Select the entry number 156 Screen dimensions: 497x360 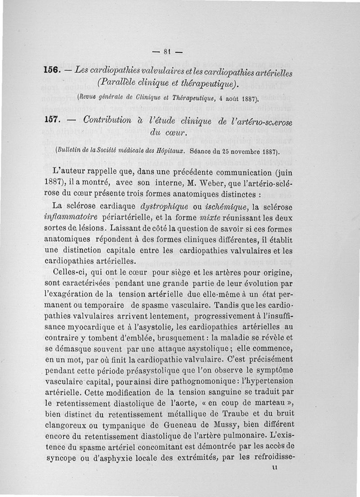click(52, 71)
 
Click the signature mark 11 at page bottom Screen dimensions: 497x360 click(276, 468)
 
